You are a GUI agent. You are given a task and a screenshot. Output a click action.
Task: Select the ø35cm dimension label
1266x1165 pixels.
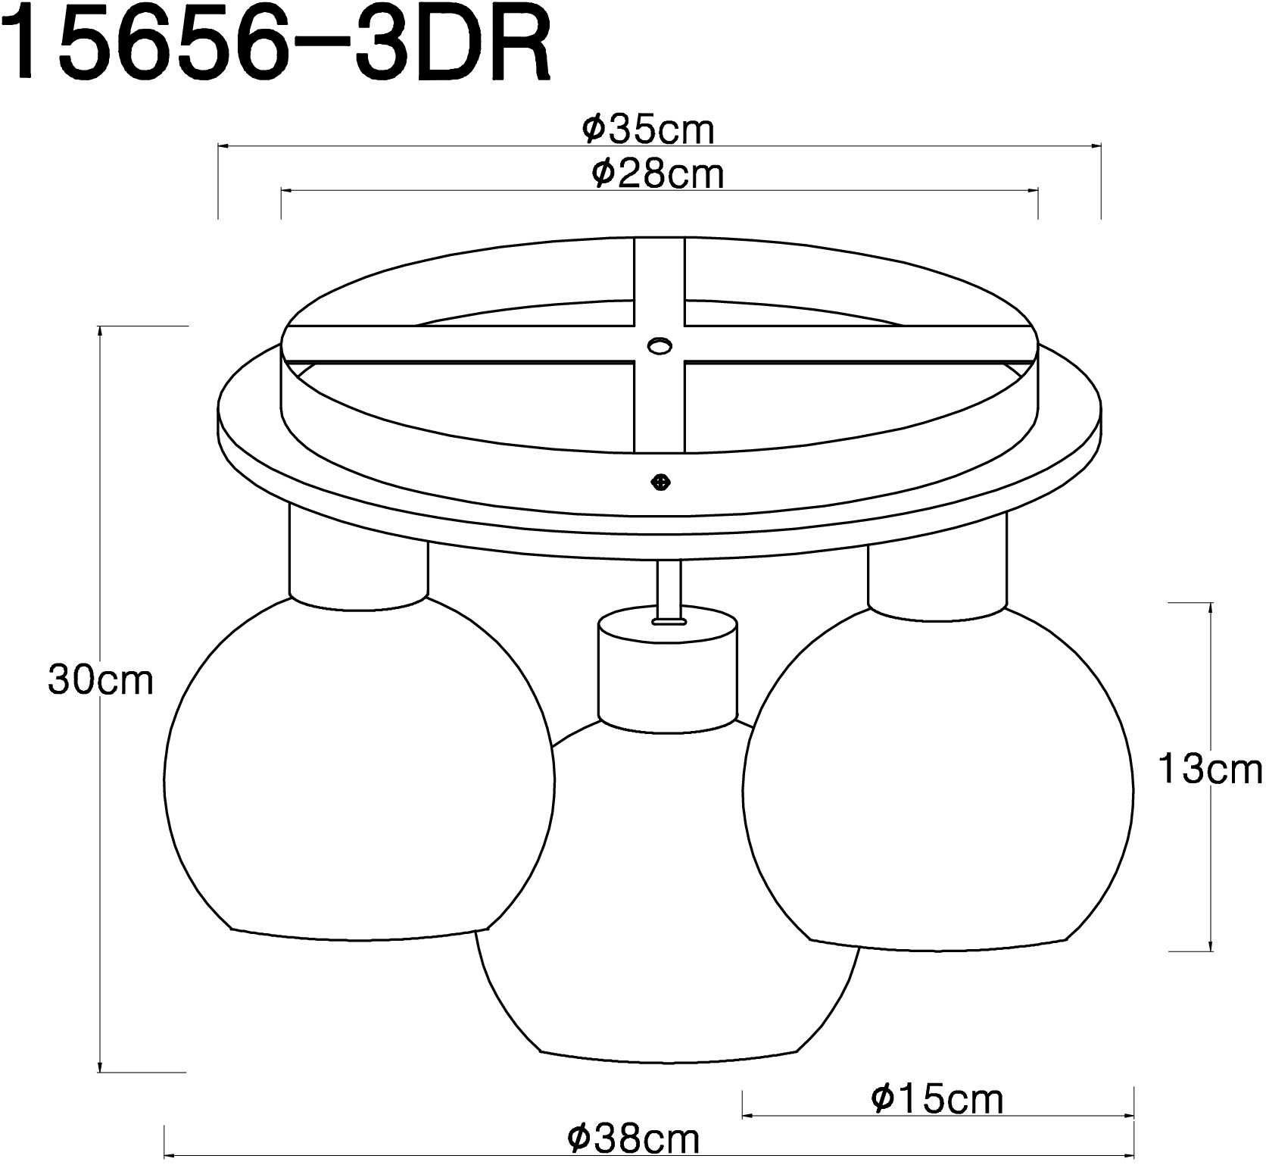click(x=648, y=130)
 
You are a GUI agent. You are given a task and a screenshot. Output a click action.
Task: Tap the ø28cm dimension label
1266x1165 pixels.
click(x=657, y=173)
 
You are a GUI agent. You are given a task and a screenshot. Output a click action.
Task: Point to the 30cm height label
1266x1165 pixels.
click(x=100, y=680)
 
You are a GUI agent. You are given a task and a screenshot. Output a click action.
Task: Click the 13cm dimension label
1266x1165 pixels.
click(x=1210, y=770)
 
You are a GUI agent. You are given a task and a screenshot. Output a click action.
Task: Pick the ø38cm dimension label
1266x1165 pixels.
click(x=634, y=1138)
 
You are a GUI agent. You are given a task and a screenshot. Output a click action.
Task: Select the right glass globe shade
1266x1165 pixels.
click(x=939, y=780)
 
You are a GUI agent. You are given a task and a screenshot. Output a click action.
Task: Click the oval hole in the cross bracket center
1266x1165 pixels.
click(x=659, y=346)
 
